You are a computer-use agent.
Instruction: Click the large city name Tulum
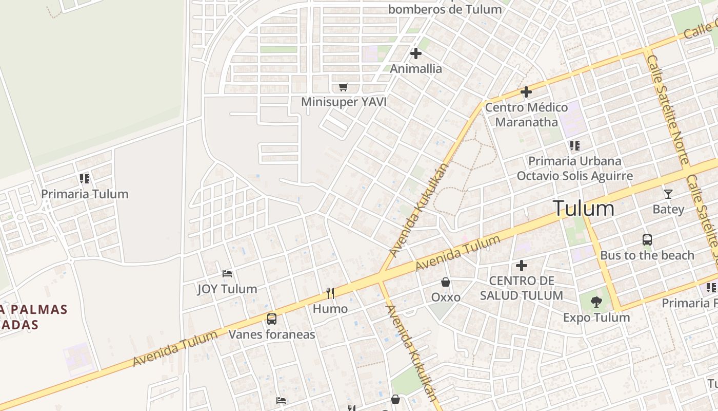coord(584,209)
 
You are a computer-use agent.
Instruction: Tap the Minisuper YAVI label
coord(344,102)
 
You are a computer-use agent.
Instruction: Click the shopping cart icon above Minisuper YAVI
coord(343,87)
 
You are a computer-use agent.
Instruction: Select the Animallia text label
coord(416,68)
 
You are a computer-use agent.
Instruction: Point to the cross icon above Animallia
coord(416,53)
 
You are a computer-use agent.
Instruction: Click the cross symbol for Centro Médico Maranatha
coord(526,92)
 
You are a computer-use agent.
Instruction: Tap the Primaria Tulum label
coord(85,194)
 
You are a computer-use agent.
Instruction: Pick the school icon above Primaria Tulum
coord(85,179)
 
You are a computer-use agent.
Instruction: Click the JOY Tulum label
coord(227,289)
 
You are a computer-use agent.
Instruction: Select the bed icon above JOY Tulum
coord(227,274)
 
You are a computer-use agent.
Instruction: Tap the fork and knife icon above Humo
coord(330,293)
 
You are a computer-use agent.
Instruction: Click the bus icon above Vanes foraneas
coord(272,319)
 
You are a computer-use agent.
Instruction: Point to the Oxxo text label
coord(446,297)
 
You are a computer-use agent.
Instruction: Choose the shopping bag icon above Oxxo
coord(446,282)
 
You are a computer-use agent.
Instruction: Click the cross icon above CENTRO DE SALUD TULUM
coord(522,266)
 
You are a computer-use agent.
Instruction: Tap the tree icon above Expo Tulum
coord(596,302)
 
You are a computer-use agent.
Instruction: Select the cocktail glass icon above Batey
coord(668,194)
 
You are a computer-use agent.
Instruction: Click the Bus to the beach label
coord(647,255)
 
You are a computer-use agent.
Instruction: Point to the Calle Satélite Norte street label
coord(667,110)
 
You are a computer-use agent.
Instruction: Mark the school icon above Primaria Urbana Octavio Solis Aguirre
coord(574,146)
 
